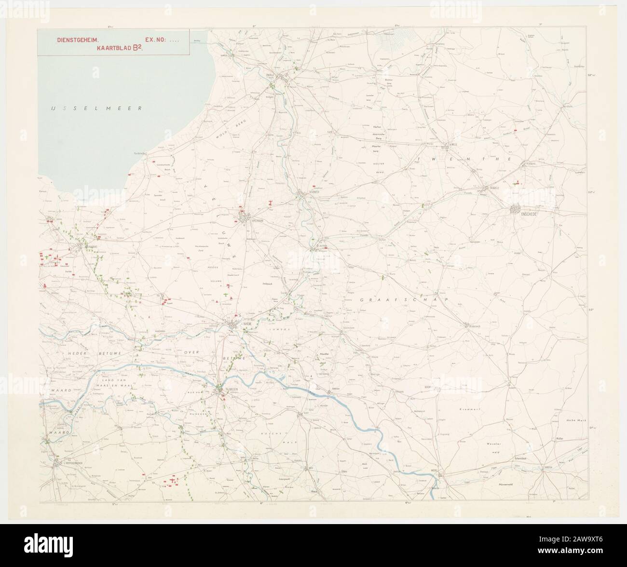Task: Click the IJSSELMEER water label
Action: tap(97, 108)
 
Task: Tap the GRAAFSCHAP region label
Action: tap(404, 300)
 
